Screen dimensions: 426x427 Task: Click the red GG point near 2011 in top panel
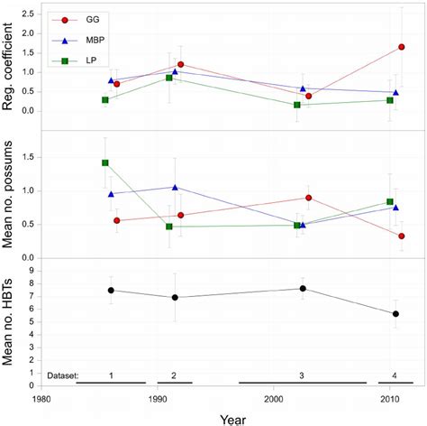(x=401, y=47)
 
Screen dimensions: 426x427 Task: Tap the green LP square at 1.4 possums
(x=105, y=163)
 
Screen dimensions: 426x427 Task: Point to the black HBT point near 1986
(x=111, y=290)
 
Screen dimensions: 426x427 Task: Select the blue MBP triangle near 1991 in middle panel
(x=175, y=188)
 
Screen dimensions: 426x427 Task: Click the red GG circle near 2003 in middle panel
(x=309, y=198)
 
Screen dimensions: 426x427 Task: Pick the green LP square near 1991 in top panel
(x=169, y=79)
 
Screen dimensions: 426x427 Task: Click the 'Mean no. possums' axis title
(x=14, y=195)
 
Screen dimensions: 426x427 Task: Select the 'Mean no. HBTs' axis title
(x=14, y=322)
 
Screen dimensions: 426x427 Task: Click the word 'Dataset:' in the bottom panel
(x=62, y=374)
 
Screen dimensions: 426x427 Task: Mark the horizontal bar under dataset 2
(x=175, y=384)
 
